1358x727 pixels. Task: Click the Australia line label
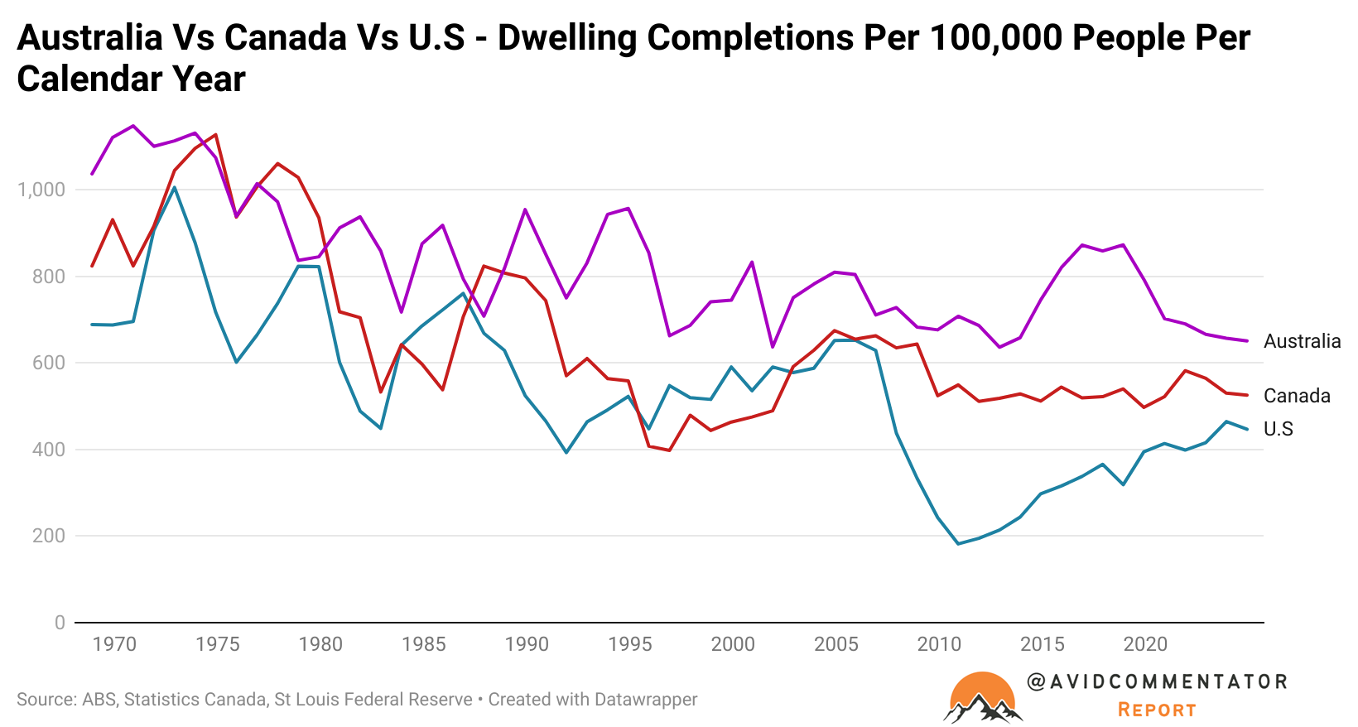click(x=1302, y=341)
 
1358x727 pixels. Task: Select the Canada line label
click(x=1297, y=396)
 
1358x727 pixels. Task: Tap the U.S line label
click(x=1278, y=429)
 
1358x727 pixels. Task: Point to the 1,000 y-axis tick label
click(x=41, y=190)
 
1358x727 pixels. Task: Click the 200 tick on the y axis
click(x=48, y=536)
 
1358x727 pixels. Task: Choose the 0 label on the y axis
click(x=60, y=623)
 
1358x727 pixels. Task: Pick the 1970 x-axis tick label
click(x=114, y=644)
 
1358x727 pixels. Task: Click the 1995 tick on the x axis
click(x=629, y=644)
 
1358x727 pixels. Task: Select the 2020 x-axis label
click(x=1145, y=644)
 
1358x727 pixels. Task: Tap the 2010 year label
click(x=939, y=644)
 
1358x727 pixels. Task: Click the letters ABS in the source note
click(x=99, y=700)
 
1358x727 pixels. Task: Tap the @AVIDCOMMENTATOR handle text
click(x=1157, y=681)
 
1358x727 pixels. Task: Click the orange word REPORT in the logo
click(x=1157, y=710)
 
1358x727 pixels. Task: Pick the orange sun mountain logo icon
click(x=982, y=697)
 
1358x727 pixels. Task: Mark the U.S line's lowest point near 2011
click(x=959, y=544)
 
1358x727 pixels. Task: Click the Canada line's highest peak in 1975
click(x=216, y=134)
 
